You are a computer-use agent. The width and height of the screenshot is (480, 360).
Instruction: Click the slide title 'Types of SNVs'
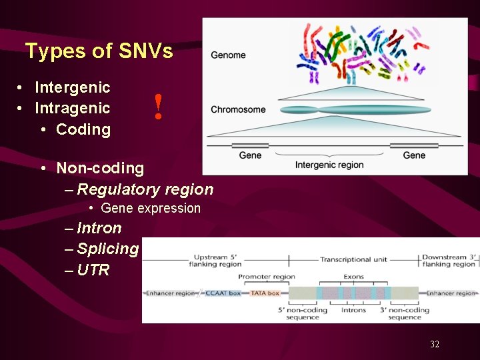(x=99, y=51)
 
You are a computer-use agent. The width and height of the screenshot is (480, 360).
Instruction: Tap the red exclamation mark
(x=158, y=107)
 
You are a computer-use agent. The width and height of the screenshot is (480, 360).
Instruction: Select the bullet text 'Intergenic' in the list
(x=72, y=87)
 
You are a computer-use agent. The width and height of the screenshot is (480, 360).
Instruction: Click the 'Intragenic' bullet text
(x=72, y=108)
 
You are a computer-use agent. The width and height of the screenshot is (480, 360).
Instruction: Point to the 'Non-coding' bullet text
(x=100, y=168)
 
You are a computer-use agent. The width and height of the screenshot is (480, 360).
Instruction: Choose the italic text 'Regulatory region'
(x=145, y=189)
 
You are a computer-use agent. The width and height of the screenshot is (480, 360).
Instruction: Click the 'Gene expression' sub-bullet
(x=150, y=209)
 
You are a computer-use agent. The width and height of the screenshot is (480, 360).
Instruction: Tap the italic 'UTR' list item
(x=93, y=270)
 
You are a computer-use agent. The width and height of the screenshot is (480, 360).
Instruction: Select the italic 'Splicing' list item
(x=107, y=249)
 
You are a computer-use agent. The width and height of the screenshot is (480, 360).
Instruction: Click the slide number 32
(x=435, y=344)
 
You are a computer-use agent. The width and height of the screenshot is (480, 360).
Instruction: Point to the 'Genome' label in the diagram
(x=228, y=55)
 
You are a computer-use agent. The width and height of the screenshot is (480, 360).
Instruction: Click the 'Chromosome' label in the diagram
(x=238, y=109)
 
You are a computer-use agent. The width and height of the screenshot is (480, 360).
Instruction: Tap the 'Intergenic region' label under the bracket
(x=329, y=165)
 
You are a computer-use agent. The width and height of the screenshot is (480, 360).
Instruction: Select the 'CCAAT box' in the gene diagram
(x=223, y=293)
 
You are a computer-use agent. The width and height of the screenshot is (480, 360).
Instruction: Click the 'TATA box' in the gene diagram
(x=265, y=293)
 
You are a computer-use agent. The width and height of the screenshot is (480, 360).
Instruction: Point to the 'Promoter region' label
(x=266, y=277)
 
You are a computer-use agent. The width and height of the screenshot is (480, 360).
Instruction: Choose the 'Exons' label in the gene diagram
(x=353, y=277)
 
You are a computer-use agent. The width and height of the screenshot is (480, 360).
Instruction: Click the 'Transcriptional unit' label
(x=353, y=259)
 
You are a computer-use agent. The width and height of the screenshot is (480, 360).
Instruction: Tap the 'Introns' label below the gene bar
(x=353, y=310)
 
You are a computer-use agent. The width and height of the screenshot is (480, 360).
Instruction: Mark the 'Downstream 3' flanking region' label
(x=449, y=261)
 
